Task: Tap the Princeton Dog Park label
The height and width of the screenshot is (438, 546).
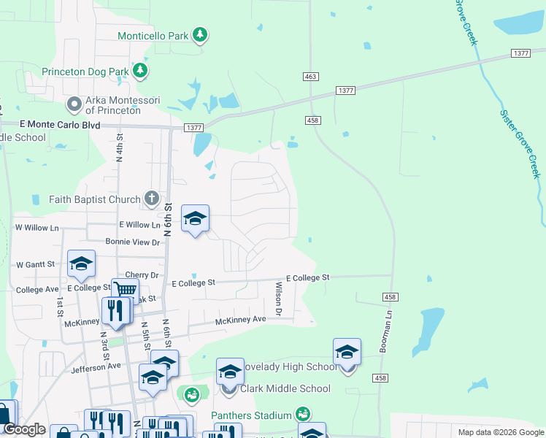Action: (x=85, y=72)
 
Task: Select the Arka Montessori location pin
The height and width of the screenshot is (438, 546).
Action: (x=74, y=105)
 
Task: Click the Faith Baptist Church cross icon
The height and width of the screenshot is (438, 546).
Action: (x=151, y=198)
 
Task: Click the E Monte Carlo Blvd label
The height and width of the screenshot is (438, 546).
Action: (x=60, y=125)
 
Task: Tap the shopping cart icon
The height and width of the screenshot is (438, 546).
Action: (x=126, y=290)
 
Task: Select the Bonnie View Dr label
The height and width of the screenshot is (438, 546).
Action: (x=133, y=242)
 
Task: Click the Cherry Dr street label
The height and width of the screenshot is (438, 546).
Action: (x=142, y=274)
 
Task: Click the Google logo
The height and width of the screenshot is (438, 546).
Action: (x=24, y=429)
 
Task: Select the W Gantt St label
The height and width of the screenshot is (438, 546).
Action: (x=35, y=264)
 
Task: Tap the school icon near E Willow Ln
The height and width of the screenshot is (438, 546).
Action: (x=195, y=218)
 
